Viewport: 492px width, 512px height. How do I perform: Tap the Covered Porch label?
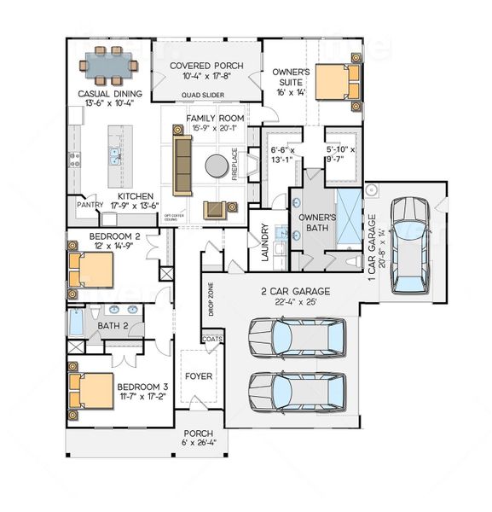205,66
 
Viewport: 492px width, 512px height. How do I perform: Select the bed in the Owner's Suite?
335,83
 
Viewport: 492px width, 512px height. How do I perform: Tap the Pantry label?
90,206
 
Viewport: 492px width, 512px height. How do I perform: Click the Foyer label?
199,375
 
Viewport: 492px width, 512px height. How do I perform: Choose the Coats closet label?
211,339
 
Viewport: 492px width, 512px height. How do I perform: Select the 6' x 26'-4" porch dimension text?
199,442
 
